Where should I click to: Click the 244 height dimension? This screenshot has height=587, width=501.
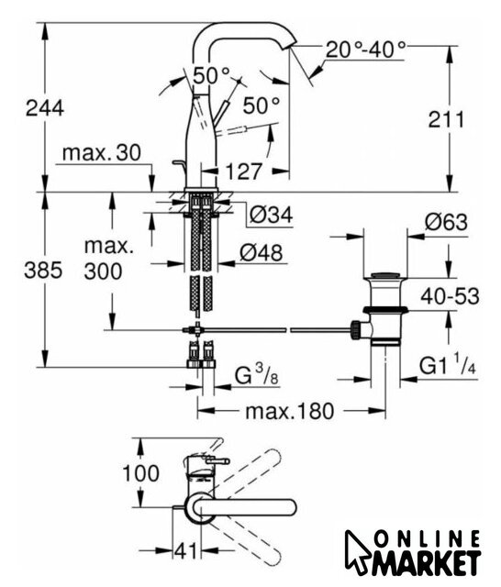click(45, 108)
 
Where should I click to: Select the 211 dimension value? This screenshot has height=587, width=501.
click(446, 120)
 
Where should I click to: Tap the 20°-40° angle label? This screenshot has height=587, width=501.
click(365, 50)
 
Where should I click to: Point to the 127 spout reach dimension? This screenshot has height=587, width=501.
click(242, 172)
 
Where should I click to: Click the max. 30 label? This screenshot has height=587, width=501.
click(102, 153)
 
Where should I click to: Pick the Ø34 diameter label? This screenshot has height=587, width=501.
click(271, 215)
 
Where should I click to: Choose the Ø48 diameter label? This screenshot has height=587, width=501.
click(261, 253)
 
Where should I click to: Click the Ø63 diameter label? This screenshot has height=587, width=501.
click(446, 222)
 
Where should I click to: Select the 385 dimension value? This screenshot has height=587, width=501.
click(43, 270)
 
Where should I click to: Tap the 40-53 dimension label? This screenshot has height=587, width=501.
click(450, 297)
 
